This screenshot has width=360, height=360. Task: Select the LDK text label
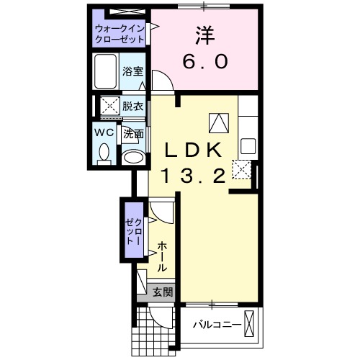(x=194, y=150)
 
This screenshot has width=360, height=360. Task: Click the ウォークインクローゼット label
(x=119, y=33)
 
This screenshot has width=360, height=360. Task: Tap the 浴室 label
(x=132, y=71)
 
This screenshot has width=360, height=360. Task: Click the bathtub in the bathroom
(x=107, y=71)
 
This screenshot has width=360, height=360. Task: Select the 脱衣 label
(x=132, y=106)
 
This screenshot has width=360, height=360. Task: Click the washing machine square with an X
(x=109, y=106)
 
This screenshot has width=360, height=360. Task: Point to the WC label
(x=102, y=133)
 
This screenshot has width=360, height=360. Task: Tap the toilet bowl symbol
(x=104, y=152)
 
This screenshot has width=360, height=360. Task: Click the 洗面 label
(x=132, y=133)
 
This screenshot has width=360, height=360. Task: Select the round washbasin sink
(x=132, y=156)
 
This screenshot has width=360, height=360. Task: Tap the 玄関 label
(x=163, y=292)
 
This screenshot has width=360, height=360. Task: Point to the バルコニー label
(x=217, y=325)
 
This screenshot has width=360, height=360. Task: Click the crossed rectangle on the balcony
(x=250, y=323)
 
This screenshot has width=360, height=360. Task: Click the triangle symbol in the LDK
(x=218, y=123)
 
